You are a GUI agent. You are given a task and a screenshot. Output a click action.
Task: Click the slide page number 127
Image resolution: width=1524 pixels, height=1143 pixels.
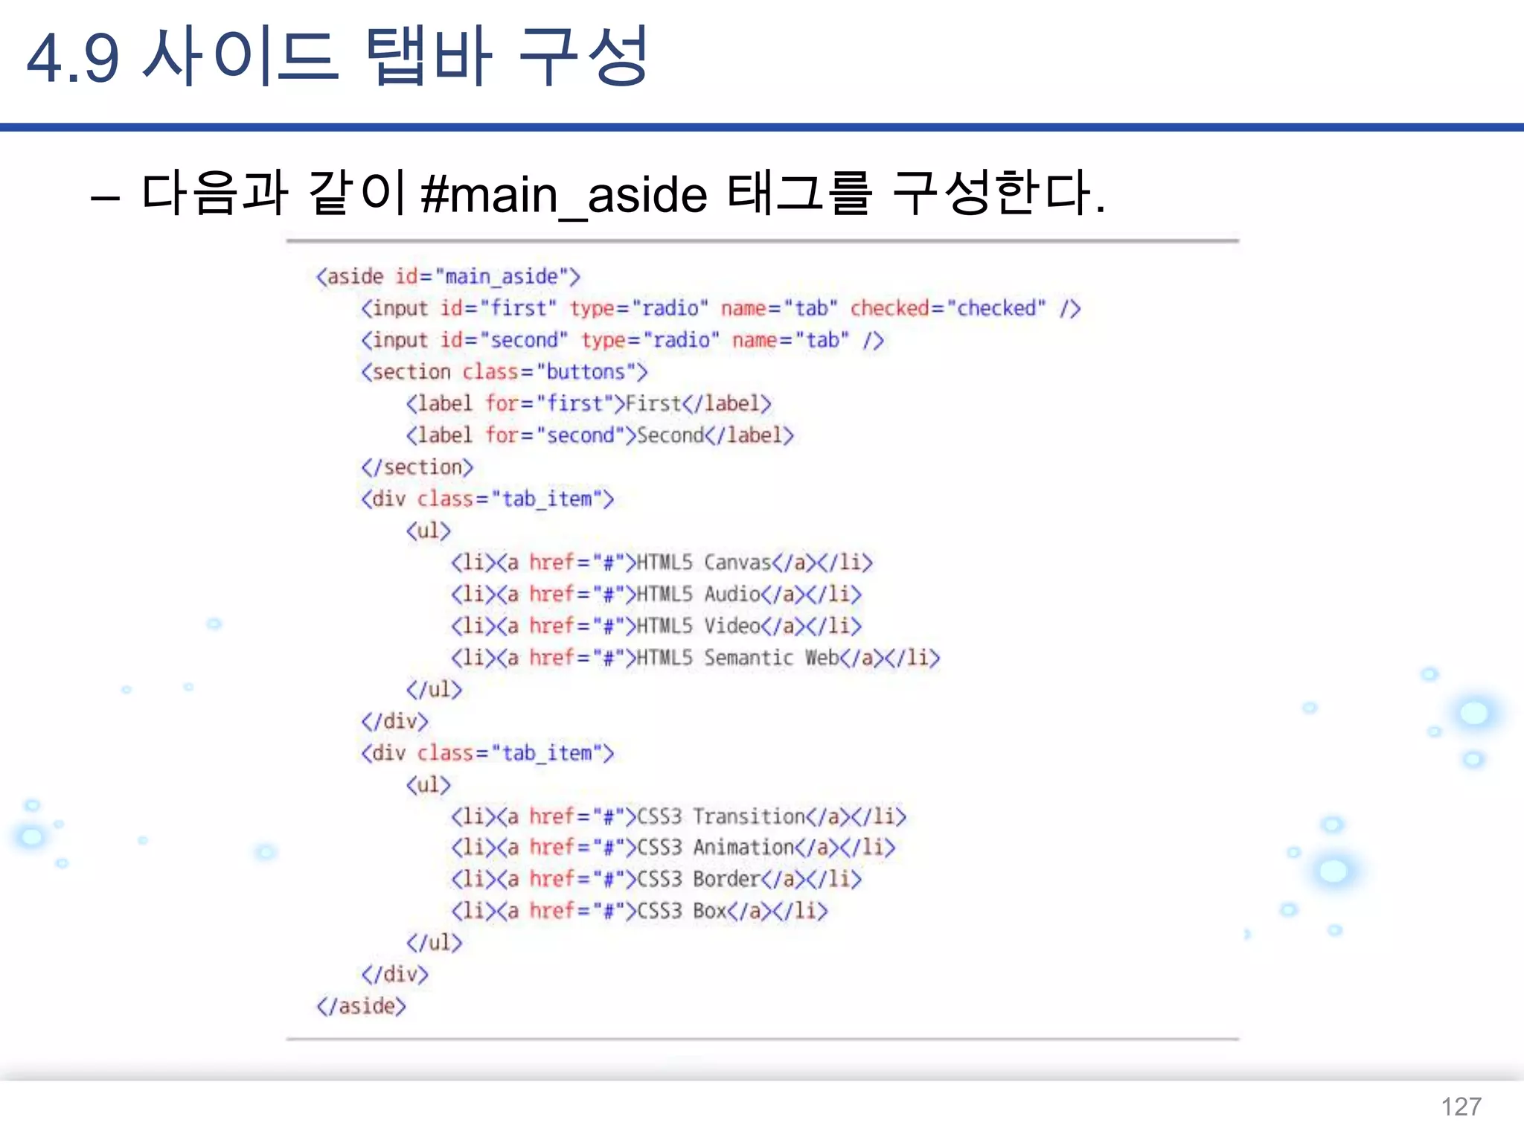point(1461,1107)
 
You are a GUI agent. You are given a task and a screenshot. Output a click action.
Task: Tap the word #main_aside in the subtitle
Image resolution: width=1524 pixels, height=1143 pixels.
point(564,195)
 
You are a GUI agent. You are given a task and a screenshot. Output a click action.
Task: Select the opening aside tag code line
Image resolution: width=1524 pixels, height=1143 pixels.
point(448,277)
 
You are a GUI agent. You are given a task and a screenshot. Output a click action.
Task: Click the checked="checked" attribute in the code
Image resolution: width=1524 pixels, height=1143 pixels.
point(947,308)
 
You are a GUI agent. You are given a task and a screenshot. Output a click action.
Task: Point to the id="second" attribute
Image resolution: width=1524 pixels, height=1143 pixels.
point(504,340)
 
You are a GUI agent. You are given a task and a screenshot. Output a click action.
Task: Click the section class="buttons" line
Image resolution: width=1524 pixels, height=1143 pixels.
point(505,371)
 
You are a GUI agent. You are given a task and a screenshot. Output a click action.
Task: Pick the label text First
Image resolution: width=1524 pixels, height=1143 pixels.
point(653,403)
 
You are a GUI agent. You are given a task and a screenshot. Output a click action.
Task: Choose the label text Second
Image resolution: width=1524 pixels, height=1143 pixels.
point(670,435)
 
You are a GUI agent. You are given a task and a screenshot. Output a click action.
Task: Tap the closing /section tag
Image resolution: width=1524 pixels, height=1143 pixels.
point(417,467)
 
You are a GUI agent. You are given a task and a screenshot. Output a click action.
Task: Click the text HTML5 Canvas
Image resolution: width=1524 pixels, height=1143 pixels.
point(703,562)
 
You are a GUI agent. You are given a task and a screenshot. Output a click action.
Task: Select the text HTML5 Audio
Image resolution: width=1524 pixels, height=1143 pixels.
point(698,594)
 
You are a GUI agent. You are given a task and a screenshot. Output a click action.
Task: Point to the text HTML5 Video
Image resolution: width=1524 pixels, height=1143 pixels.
point(698,626)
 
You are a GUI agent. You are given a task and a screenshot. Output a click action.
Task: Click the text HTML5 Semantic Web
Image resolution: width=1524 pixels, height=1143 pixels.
point(737,658)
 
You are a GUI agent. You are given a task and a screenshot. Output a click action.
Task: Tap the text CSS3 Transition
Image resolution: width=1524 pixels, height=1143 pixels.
point(720,816)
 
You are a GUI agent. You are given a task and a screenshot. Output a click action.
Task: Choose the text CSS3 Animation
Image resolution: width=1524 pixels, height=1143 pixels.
point(715,848)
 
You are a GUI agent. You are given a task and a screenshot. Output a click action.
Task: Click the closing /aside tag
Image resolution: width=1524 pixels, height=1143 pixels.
point(362,1006)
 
